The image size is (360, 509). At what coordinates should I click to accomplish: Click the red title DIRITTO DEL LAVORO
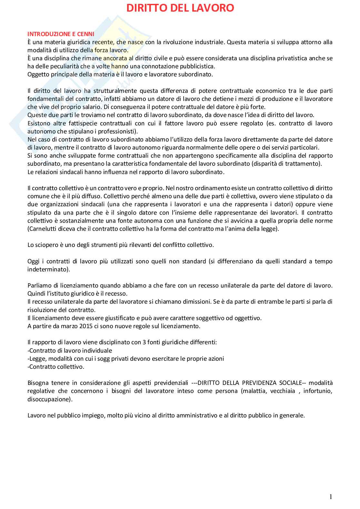tap(180, 8)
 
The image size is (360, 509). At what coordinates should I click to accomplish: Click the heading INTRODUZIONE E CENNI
tap(61, 34)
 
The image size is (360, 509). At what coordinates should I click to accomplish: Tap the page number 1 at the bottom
tap(331, 497)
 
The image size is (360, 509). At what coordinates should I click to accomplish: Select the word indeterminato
tap(47, 269)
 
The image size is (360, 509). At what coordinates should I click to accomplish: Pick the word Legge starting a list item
tap(36, 358)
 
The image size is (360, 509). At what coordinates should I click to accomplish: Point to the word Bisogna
tap(38, 383)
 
